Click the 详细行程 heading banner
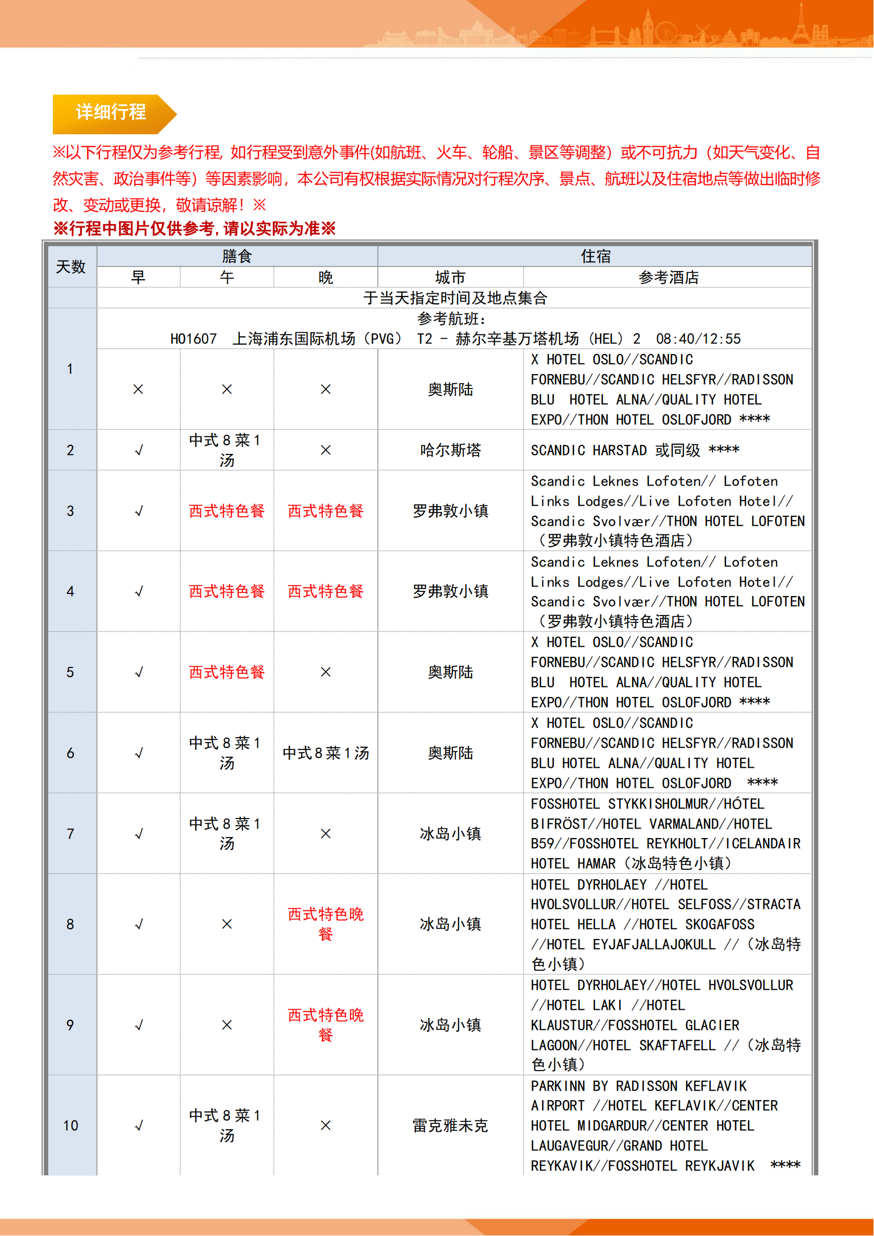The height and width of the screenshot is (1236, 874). tap(110, 113)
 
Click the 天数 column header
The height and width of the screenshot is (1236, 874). tap(70, 266)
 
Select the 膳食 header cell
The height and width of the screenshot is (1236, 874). tap(237, 256)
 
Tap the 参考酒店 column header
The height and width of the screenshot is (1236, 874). tap(668, 277)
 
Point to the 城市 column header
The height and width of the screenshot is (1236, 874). tap(450, 277)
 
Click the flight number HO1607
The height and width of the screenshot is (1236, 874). tap(193, 339)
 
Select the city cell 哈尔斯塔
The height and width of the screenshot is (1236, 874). tap(450, 450)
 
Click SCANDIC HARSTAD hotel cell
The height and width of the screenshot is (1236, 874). tap(635, 450)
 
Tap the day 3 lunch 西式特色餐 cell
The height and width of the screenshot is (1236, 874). tap(227, 511)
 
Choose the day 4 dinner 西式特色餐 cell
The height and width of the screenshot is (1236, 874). tap(325, 591)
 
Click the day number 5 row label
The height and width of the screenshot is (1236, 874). tap(70, 672)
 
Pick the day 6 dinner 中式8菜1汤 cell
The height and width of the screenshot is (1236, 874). tap(325, 752)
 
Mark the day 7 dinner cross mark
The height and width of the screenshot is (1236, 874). tap(325, 833)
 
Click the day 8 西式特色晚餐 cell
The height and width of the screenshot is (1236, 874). tap(325, 924)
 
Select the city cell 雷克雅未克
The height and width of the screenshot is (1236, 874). tap(450, 1125)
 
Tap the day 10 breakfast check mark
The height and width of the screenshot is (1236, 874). tap(138, 1125)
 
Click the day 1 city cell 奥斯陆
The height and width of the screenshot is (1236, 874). tap(450, 389)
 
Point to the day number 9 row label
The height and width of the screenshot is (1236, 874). tap(70, 1025)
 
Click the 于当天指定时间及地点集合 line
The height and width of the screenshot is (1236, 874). tap(455, 298)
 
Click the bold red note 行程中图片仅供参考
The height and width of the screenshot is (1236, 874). tap(194, 228)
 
